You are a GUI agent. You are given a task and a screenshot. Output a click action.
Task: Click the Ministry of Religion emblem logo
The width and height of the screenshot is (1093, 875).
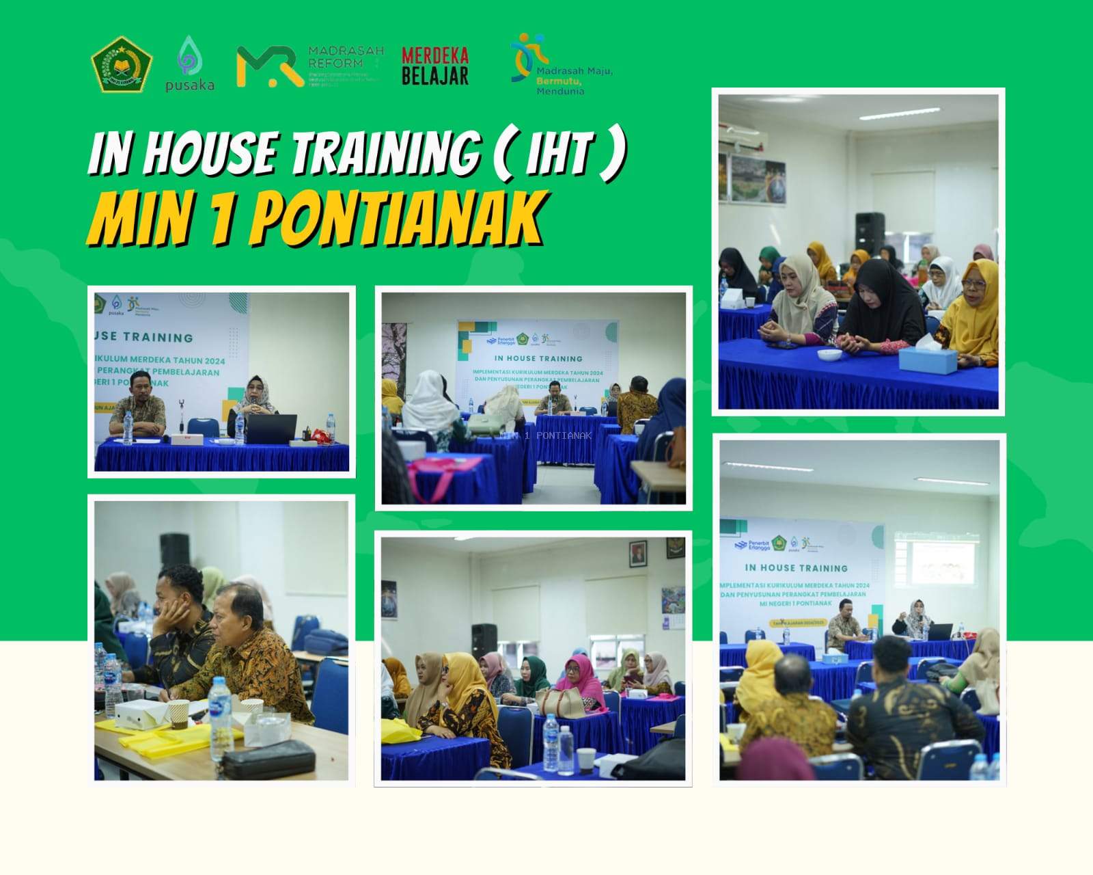click(x=122, y=64)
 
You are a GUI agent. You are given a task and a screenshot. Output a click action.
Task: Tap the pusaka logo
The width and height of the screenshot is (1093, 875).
click(x=189, y=64)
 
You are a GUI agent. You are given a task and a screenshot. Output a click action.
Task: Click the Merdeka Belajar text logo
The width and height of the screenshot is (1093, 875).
click(x=434, y=66)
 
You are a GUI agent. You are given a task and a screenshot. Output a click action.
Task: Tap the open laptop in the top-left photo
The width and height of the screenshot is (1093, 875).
click(x=271, y=429)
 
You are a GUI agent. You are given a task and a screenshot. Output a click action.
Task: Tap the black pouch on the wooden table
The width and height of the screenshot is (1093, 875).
click(x=269, y=759)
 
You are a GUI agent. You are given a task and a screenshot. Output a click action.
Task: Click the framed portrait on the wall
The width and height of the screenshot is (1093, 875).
click(x=638, y=552)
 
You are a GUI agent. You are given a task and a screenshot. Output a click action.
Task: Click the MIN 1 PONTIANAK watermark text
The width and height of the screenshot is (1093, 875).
click(x=546, y=435)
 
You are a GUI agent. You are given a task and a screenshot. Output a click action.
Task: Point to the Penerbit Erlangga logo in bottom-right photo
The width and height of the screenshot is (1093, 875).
click(x=753, y=544)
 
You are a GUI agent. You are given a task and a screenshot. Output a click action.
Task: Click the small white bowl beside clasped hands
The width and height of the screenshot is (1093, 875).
click(x=829, y=354)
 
